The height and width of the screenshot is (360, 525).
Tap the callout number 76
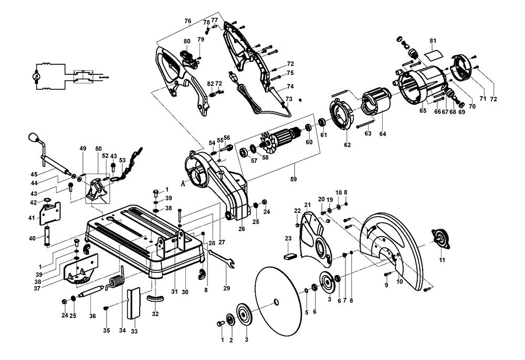(187, 20)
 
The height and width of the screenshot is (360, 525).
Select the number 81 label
(433, 40)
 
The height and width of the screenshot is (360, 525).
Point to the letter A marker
(183, 183)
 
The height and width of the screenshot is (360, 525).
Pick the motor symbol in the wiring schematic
(36, 77)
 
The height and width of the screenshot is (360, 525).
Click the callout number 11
(442, 260)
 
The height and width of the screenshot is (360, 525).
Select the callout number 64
(383, 134)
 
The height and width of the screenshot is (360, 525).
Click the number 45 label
(34, 175)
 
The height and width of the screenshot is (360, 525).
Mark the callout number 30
(185, 292)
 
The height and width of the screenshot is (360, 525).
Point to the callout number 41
(31, 217)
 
